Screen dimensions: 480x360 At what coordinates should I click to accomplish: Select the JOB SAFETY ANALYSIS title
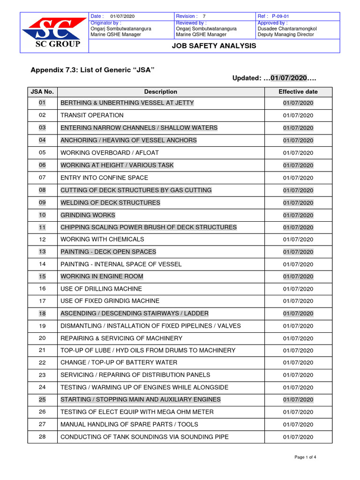point(214,45)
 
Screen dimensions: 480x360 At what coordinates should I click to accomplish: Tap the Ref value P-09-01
point(281,16)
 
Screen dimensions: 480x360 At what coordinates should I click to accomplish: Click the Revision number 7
point(204,16)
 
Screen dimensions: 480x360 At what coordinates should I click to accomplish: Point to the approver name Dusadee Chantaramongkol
point(287,29)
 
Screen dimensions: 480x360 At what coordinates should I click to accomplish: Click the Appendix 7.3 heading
point(92,70)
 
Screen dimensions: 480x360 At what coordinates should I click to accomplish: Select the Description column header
point(160,92)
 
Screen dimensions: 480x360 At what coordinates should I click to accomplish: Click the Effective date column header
point(298,92)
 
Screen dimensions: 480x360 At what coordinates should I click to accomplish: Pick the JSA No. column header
point(42,92)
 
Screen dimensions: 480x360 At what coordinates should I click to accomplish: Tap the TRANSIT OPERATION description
point(92,115)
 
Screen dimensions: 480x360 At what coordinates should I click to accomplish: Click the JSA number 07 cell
point(42,178)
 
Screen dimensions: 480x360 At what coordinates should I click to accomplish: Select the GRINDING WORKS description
point(88,215)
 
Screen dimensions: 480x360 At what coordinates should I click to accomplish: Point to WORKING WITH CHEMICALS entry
point(102,239)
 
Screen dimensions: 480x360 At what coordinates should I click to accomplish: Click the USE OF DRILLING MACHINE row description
point(101,289)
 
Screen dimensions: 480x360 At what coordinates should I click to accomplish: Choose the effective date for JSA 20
point(298,338)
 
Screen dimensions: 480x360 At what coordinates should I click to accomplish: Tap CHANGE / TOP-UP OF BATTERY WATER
point(119,362)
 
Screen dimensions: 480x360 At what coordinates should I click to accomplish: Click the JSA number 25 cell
point(42,399)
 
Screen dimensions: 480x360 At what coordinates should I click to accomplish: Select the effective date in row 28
point(298,437)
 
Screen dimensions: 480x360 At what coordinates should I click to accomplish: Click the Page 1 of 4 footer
point(308,457)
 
